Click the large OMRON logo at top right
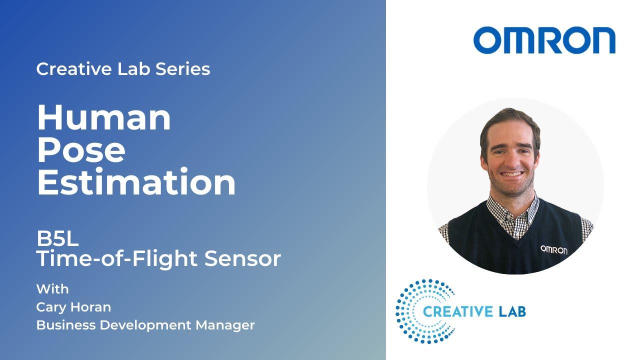(x=544, y=40)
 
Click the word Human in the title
(x=104, y=118)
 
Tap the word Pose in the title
(x=81, y=150)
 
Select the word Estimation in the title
(x=136, y=182)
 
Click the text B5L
(x=57, y=239)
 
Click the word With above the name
(x=52, y=289)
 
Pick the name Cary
(x=51, y=307)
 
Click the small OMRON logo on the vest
(x=553, y=249)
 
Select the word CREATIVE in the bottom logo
(x=457, y=312)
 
